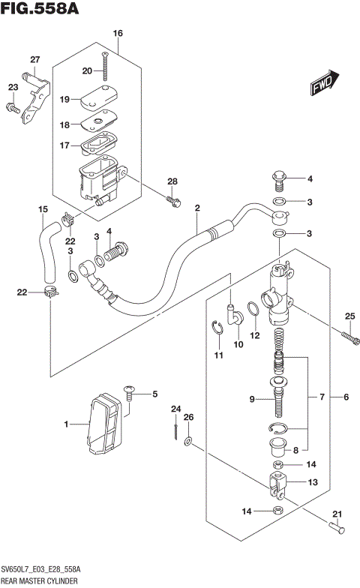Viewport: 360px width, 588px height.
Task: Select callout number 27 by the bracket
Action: [x=34, y=60]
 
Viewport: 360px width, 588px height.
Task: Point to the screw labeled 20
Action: [x=108, y=68]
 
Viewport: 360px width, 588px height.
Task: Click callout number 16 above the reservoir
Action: [x=117, y=33]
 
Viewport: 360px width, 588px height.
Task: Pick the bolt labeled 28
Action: [x=173, y=200]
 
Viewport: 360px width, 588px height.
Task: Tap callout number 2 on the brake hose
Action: [x=196, y=208]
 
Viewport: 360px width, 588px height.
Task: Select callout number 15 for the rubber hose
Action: [x=43, y=208]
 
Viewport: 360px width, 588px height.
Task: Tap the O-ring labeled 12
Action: [x=253, y=310]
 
